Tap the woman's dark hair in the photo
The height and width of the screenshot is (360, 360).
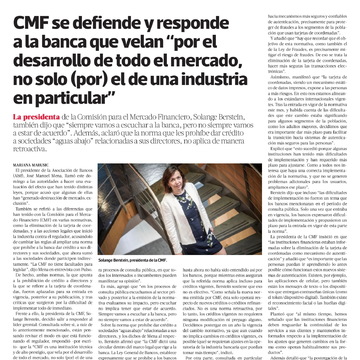coord(171,225)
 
